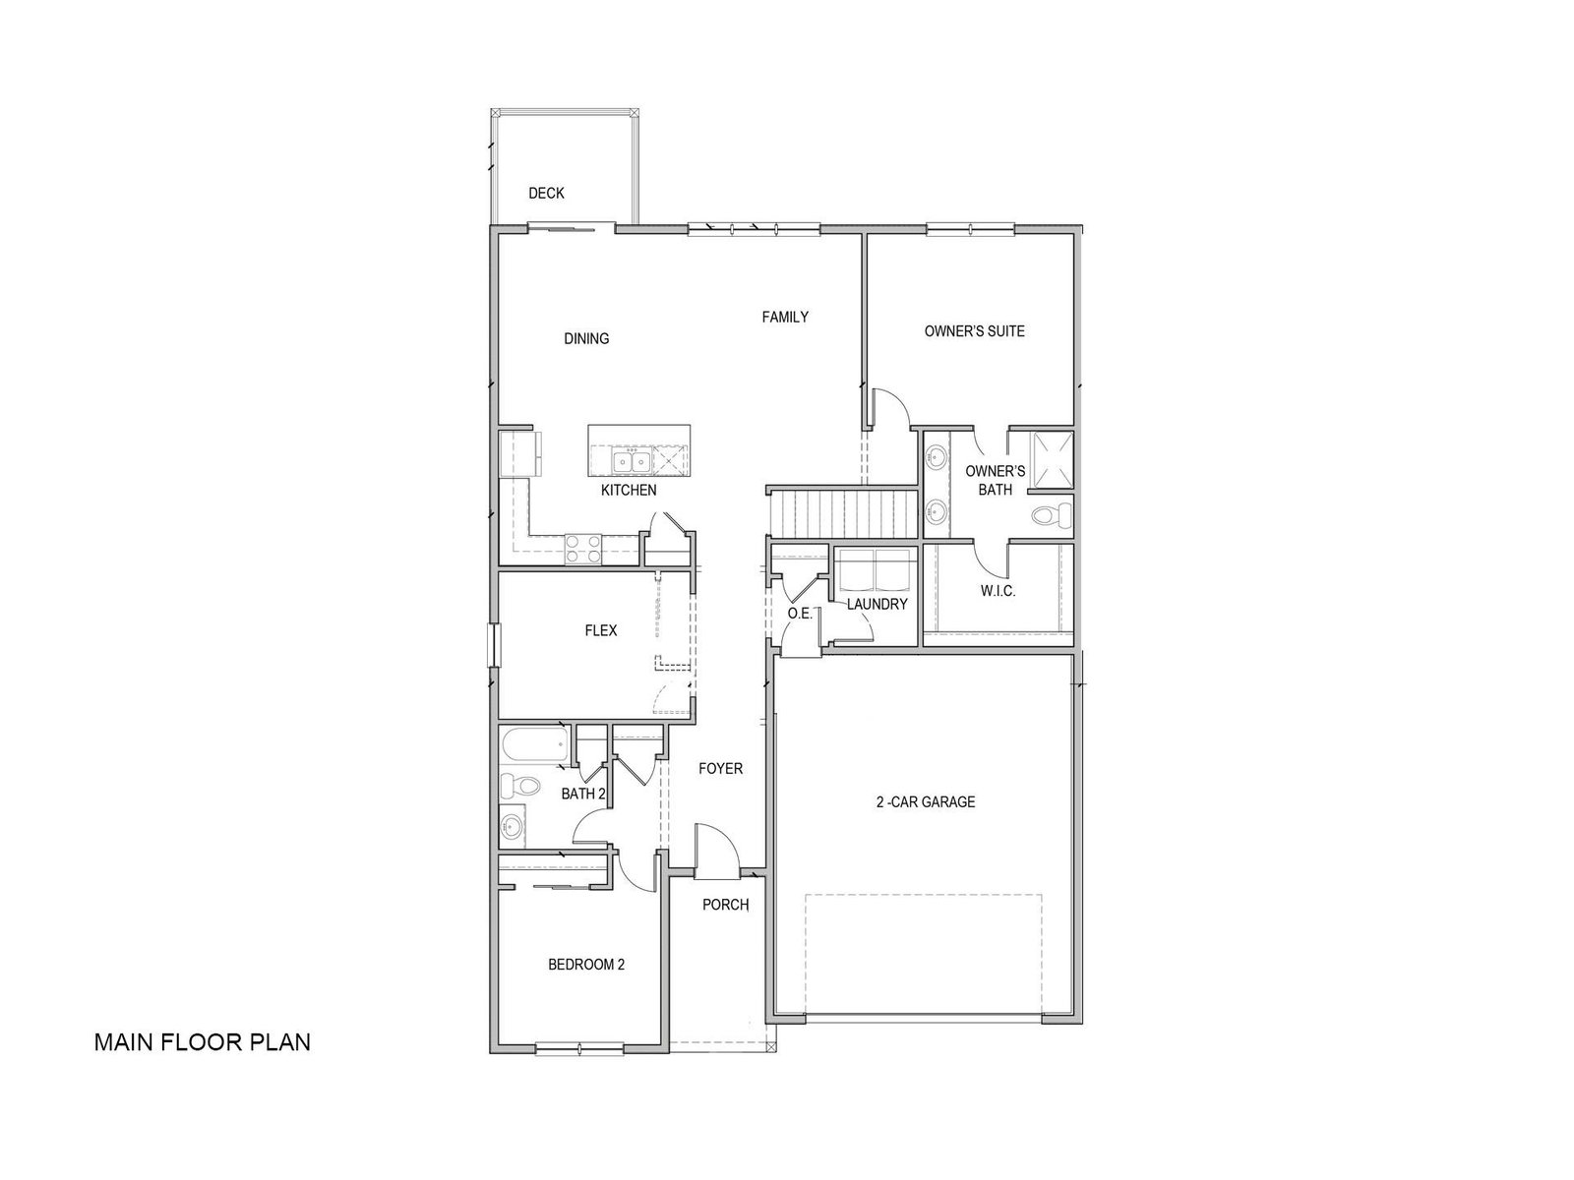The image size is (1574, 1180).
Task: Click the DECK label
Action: coord(546,194)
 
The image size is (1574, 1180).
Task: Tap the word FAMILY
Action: coord(784,317)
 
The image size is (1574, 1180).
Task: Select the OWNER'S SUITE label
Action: coord(974,331)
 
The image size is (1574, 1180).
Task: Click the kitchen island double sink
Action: coord(631,461)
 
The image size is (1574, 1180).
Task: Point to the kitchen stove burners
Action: coord(583,550)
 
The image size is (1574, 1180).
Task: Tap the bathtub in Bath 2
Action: coord(536,745)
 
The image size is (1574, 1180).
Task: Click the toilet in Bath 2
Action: coord(518,786)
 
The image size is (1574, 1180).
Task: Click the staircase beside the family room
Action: coord(844,512)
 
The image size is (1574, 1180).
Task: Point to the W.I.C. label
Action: coord(998,592)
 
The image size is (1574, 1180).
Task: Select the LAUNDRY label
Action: coord(877,604)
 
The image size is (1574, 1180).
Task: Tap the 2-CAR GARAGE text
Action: coord(925,801)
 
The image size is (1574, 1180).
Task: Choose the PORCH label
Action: coord(725,905)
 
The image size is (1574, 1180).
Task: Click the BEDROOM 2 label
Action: coord(586,965)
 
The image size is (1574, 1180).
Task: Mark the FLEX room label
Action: coord(600,630)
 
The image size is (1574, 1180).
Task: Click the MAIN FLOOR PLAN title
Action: coord(203,1041)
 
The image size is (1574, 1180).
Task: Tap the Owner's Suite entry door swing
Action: coord(890,408)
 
